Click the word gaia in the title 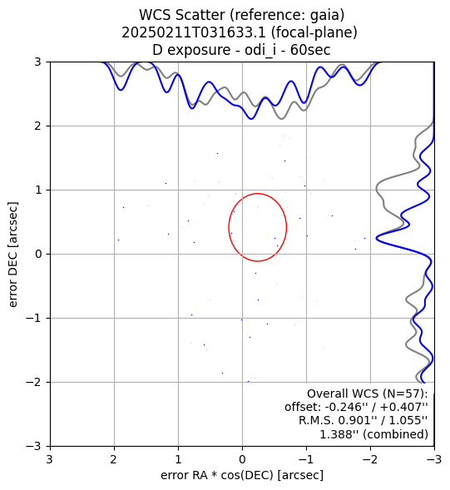click(x=327, y=16)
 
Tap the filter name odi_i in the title click(x=260, y=50)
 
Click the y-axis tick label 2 click(x=37, y=126)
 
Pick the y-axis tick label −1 click(x=34, y=319)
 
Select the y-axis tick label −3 click(x=34, y=446)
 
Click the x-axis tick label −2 click(x=371, y=459)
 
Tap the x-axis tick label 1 click(x=178, y=459)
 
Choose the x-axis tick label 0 click(x=242, y=459)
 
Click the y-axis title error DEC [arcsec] click(x=12, y=255)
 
